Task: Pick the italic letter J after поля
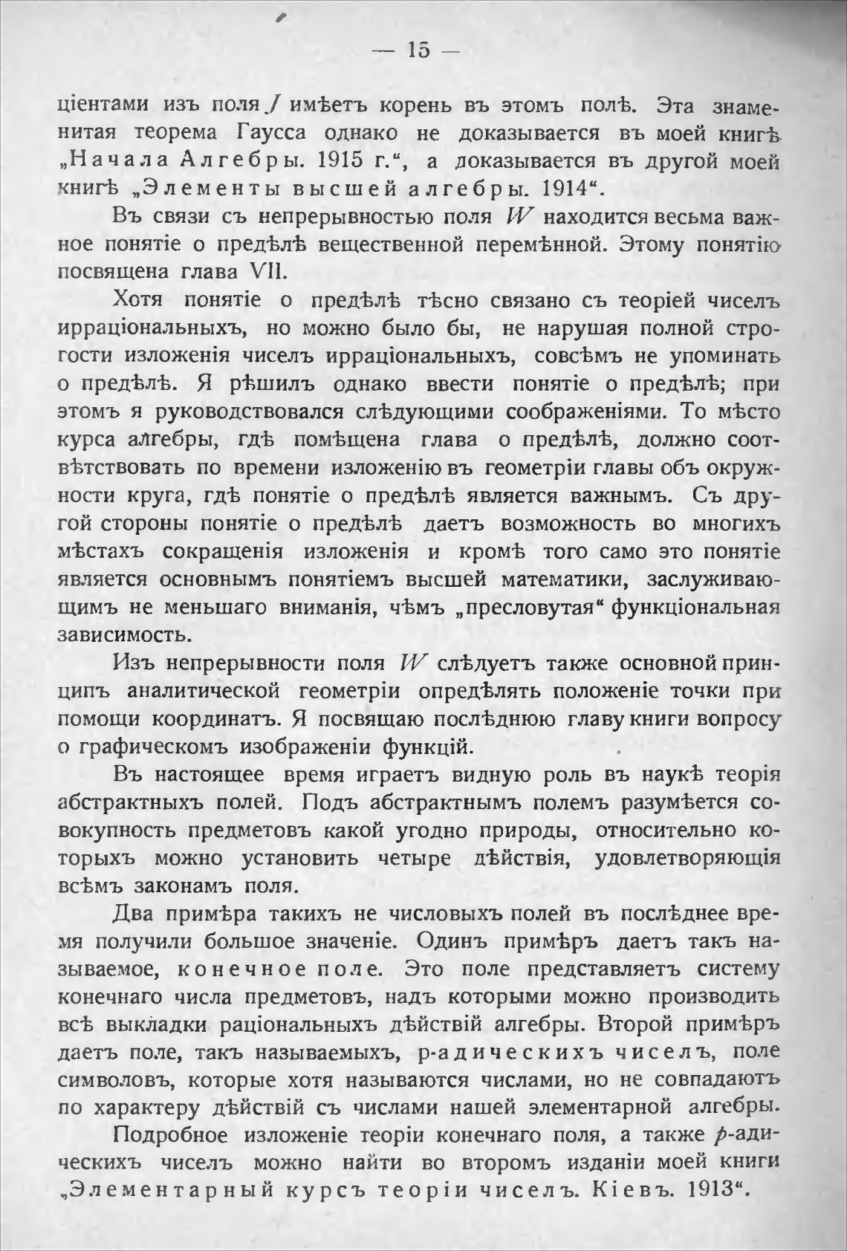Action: (x=275, y=105)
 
